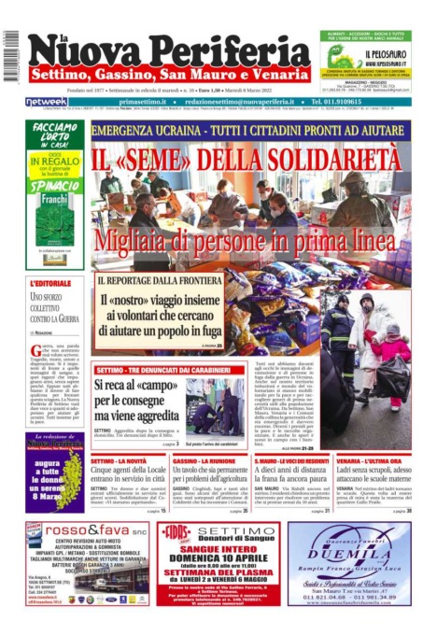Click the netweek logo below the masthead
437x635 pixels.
[46, 102]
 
